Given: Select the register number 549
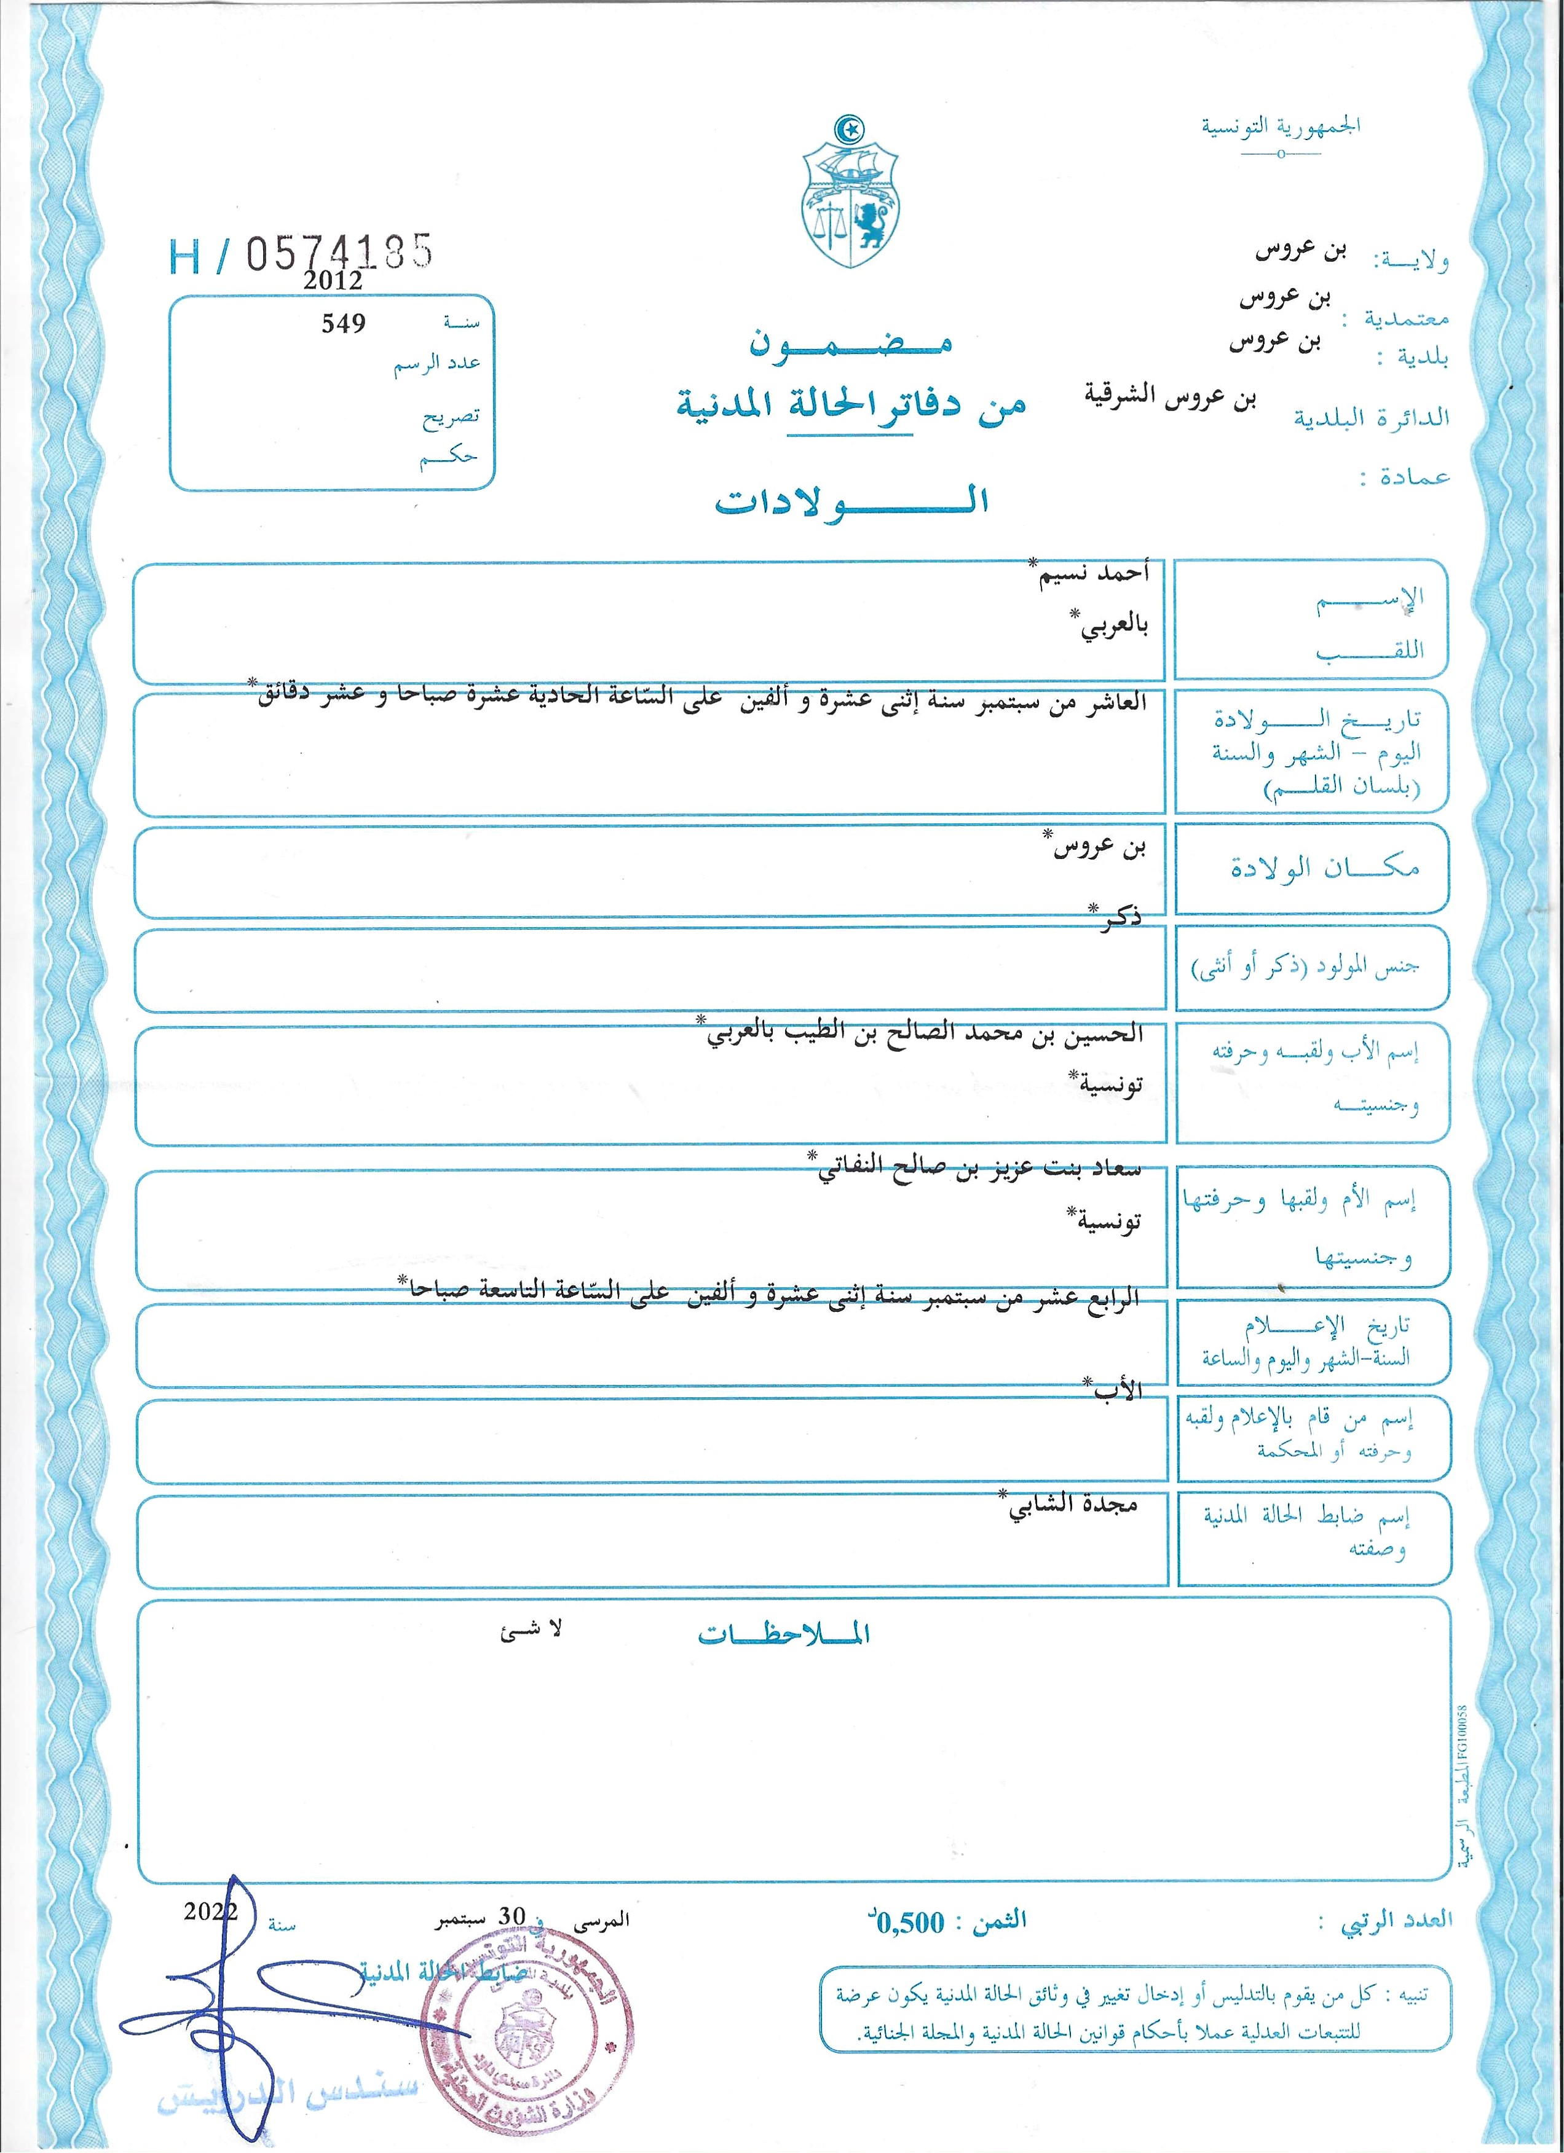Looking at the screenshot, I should click(x=343, y=324).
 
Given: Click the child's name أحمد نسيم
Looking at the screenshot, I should click(x=1093, y=573).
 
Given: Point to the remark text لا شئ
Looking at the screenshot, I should click(x=531, y=1630).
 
